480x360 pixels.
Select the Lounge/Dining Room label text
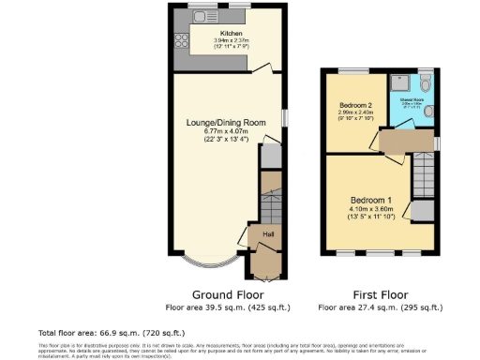tap(224, 121)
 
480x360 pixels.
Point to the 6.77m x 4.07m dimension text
tap(224, 130)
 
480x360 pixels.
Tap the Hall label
tap(268, 233)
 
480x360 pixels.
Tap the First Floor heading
tap(380, 293)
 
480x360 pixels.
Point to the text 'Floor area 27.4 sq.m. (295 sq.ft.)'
tap(380, 307)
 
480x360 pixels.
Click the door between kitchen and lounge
tap(268, 67)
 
